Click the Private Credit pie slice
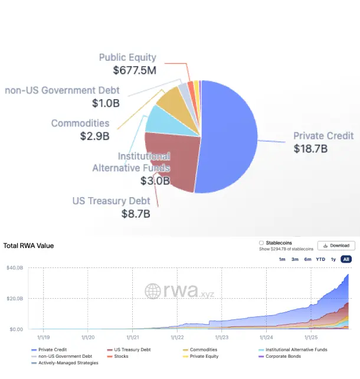[x=230, y=136]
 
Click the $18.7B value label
[x=310, y=149]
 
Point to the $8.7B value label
[x=136, y=213]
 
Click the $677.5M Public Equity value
[x=135, y=70]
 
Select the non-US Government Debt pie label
[x=62, y=90]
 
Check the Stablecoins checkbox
[x=261, y=243]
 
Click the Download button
[x=336, y=246]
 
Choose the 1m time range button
[x=282, y=260]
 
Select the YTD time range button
[x=320, y=260]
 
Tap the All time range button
[x=346, y=260]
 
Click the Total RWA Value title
[x=28, y=246]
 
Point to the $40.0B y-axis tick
[x=14, y=269]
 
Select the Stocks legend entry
[x=122, y=357]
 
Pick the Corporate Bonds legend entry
[x=282, y=357]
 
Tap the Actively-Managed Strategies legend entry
[x=68, y=363]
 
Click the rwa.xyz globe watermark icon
[x=153, y=290]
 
